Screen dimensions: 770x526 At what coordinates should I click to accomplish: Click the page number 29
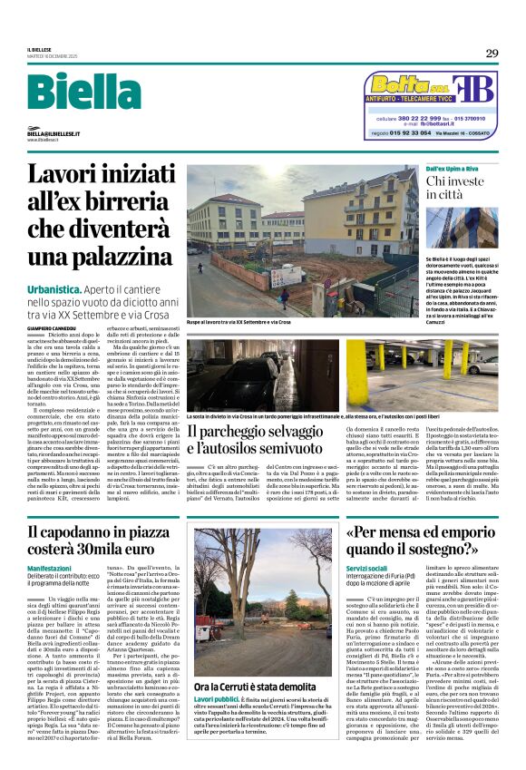[x=491, y=54]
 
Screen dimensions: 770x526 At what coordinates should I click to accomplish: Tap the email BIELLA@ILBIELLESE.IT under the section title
[x=54, y=133]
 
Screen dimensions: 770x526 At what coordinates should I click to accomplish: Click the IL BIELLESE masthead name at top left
[x=39, y=49]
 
